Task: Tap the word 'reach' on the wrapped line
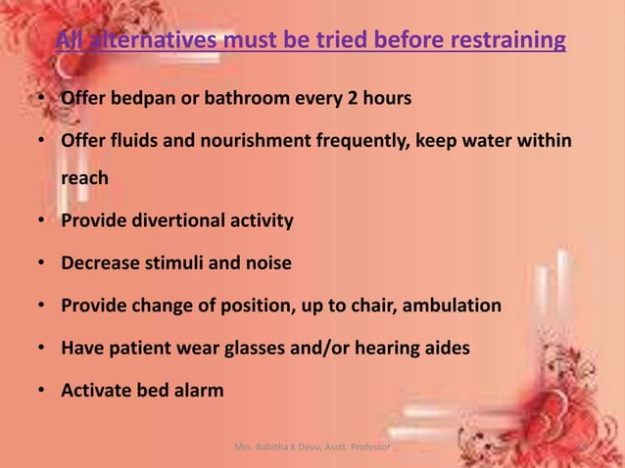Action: pyautogui.click(x=84, y=179)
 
